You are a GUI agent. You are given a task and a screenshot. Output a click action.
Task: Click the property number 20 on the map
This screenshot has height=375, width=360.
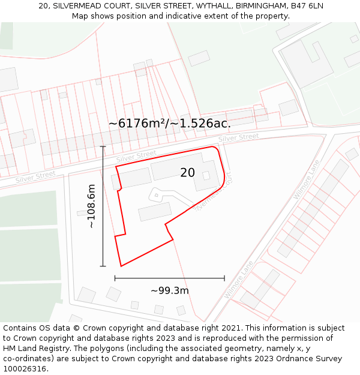coord(187,173)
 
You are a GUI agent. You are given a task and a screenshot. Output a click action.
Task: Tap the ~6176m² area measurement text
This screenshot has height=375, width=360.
coord(137,124)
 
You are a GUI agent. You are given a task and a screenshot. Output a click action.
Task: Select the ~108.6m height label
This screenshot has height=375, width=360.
coord(91,206)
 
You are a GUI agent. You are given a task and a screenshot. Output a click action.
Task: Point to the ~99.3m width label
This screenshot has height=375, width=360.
coord(170,291)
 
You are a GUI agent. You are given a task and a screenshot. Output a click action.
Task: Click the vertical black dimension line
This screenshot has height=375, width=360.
coord(103,206)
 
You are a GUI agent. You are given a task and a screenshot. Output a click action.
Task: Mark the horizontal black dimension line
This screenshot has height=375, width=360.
coord(169,278)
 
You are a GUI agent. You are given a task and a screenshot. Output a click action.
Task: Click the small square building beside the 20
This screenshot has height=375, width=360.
coord(206,175)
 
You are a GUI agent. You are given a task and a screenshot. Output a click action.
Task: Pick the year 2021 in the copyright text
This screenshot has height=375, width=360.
coord(231,328)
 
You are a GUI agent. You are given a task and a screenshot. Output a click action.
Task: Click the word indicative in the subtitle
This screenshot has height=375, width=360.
coord(181,16)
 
